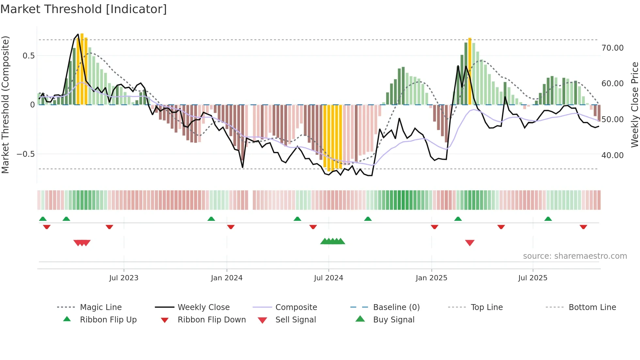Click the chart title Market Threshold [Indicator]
84,9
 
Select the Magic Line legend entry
101,307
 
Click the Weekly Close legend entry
203,307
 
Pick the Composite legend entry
296,307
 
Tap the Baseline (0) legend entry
396,307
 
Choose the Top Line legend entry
487,307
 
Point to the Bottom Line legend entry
592,307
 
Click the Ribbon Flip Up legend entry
108,320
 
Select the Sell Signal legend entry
295,320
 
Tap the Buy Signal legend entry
393,320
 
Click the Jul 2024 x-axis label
328,278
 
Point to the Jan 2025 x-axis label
431,278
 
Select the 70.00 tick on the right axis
612,48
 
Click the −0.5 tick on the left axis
26,154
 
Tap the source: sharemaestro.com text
575,256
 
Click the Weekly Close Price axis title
634,105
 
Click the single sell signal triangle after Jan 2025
470,242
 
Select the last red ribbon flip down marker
583,227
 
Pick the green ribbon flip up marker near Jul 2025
548,219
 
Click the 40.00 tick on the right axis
612,155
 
